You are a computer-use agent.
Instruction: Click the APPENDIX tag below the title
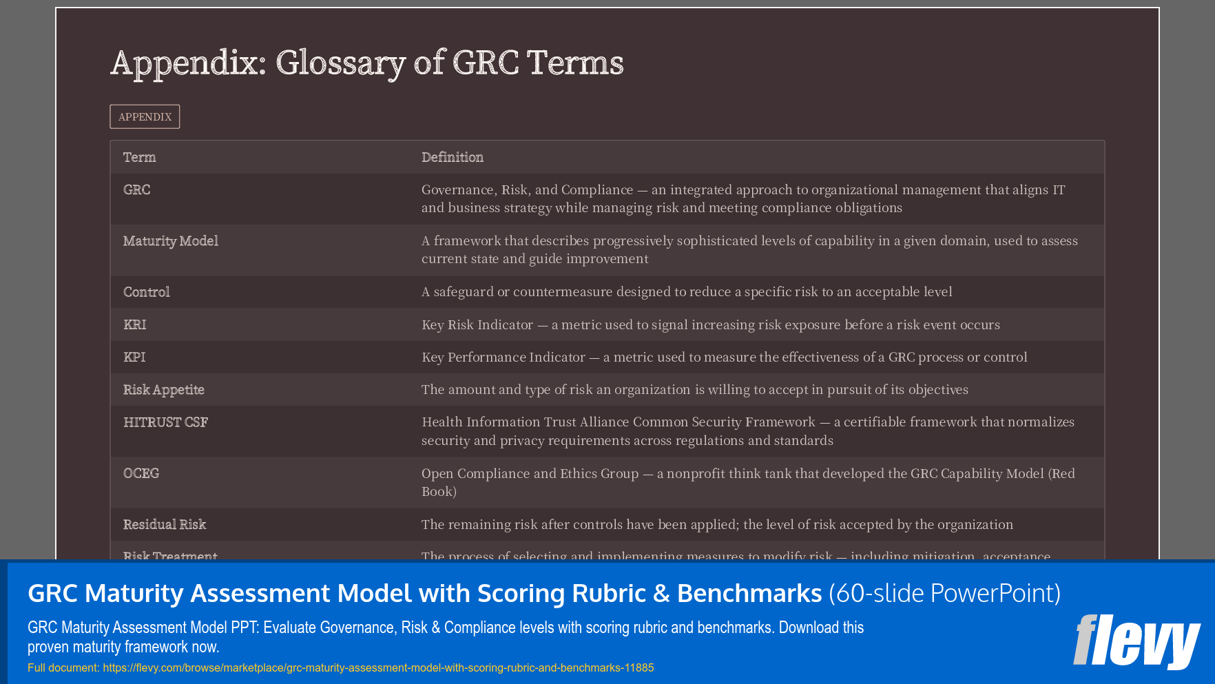click(x=145, y=117)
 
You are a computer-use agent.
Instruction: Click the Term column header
click(x=140, y=157)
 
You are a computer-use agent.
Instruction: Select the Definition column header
click(x=453, y=157)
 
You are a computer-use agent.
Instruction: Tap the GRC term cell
click(x=137, y=190)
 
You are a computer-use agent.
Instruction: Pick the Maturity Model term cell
click(x=171, y=241)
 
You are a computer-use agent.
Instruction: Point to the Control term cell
click(x=147, y=292)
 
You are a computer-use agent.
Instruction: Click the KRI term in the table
click(x=135, y=324)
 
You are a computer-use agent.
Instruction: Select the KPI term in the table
click(x=134, y=357)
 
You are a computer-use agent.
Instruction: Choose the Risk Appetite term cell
click(x=164, y=390)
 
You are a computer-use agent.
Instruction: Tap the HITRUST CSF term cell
click(x=166, y=422)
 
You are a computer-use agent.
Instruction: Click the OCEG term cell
click(x=141, y=473)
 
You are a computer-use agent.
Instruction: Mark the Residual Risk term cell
click(x=165, y=524)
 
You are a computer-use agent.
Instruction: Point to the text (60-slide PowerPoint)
click(x=944, y=593)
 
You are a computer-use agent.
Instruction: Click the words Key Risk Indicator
click(x=477, y=324)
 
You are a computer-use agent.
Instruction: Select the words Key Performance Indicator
click(x=503, y=357)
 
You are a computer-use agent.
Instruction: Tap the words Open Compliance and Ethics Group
click(x=530, y=473)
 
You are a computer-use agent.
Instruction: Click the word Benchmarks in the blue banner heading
click(x=749, y=593)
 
